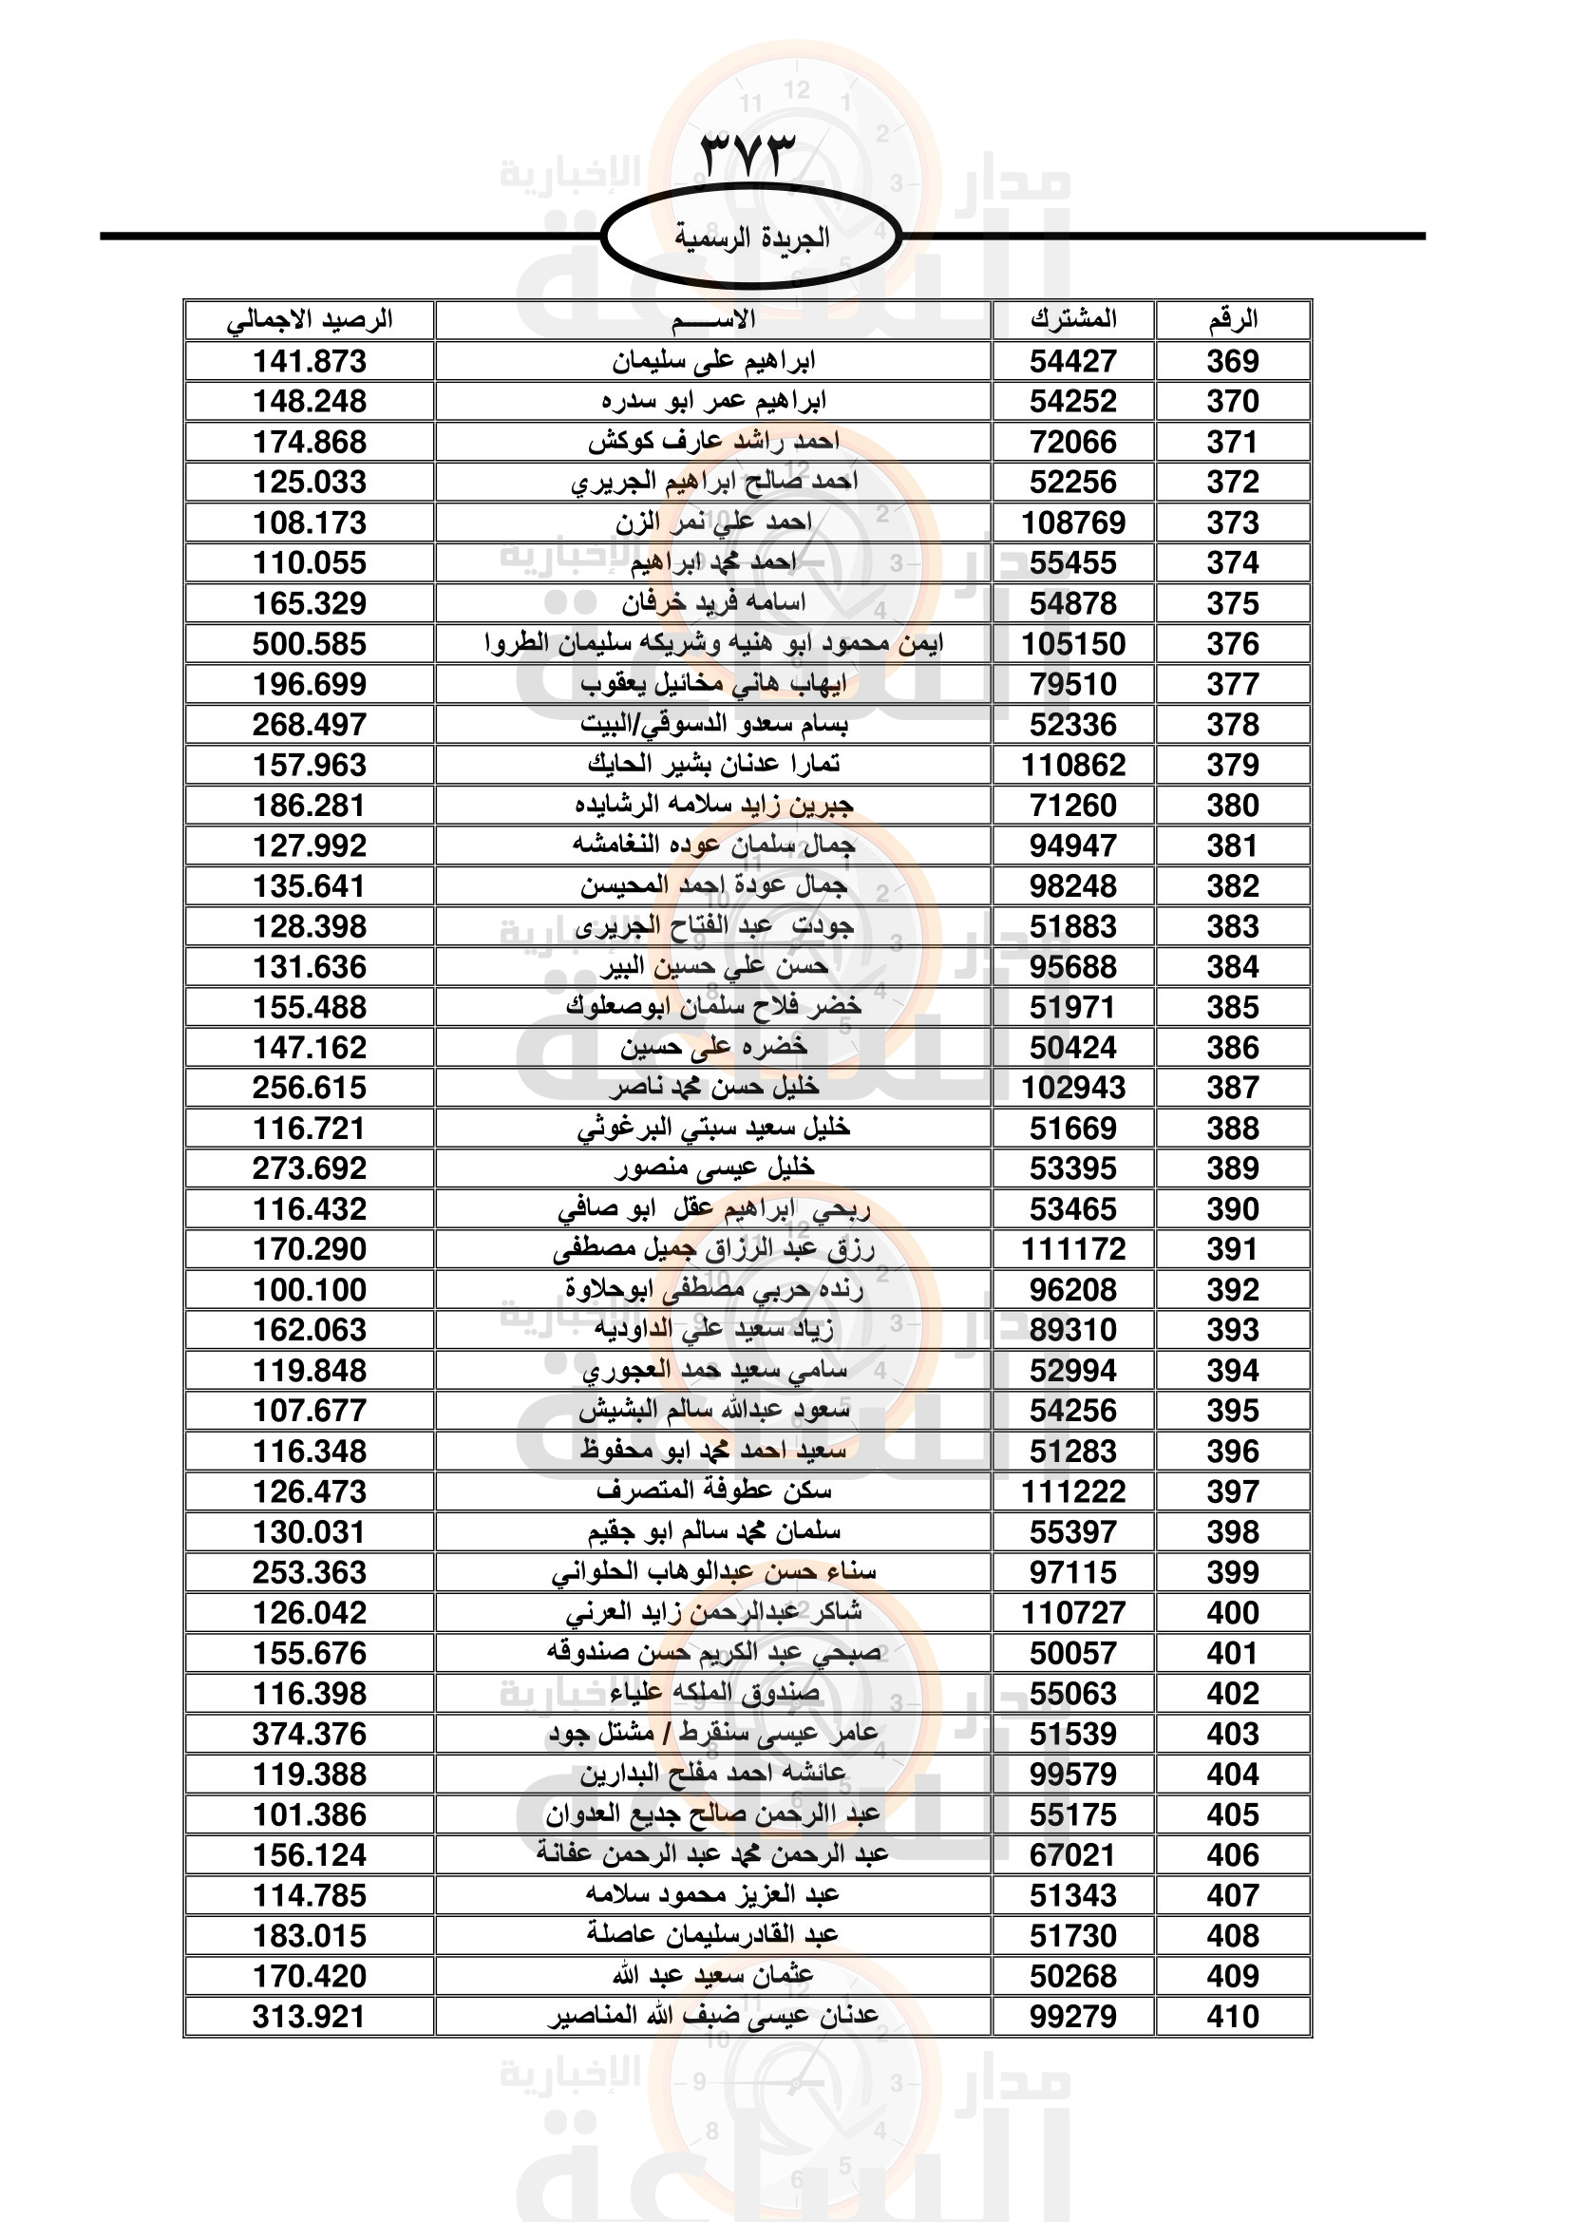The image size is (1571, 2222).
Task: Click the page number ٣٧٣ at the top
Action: (x=747, y=153)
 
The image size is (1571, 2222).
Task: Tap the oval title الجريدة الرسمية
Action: (x=750, y=237)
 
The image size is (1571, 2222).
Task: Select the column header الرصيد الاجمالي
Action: (x=310, y=319)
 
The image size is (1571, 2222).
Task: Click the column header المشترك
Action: (x=1072, y=319)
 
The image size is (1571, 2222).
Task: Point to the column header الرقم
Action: (x=1233, y=319)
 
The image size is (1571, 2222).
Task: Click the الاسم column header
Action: (x=713, y=319)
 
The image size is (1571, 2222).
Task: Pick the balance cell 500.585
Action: (x=310, y=643)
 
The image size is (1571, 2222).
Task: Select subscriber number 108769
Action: (x=1072, y=522)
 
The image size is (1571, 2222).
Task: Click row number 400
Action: (x=1233, y=1612)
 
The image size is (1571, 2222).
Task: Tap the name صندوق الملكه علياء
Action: (x=714, y=1694)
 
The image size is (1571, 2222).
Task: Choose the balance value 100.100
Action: (x=310, y=1290)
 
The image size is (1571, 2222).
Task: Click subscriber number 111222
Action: (x=1072, y=1491)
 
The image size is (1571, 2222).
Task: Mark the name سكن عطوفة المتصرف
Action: (x=714, y=1491)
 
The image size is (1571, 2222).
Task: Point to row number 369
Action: (x=1233, y=361)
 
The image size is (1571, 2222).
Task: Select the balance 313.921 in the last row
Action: (x=310, y=2017)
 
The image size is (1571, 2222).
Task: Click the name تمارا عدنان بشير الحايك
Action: (x=714, y=765)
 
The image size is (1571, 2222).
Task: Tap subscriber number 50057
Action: (x=1072, y=1653)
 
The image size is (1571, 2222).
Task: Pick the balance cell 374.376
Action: (x=310, y=1735)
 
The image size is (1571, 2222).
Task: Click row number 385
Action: (x=1233, y=1007)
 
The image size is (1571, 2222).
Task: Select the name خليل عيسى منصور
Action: (x=714, y=1168)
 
